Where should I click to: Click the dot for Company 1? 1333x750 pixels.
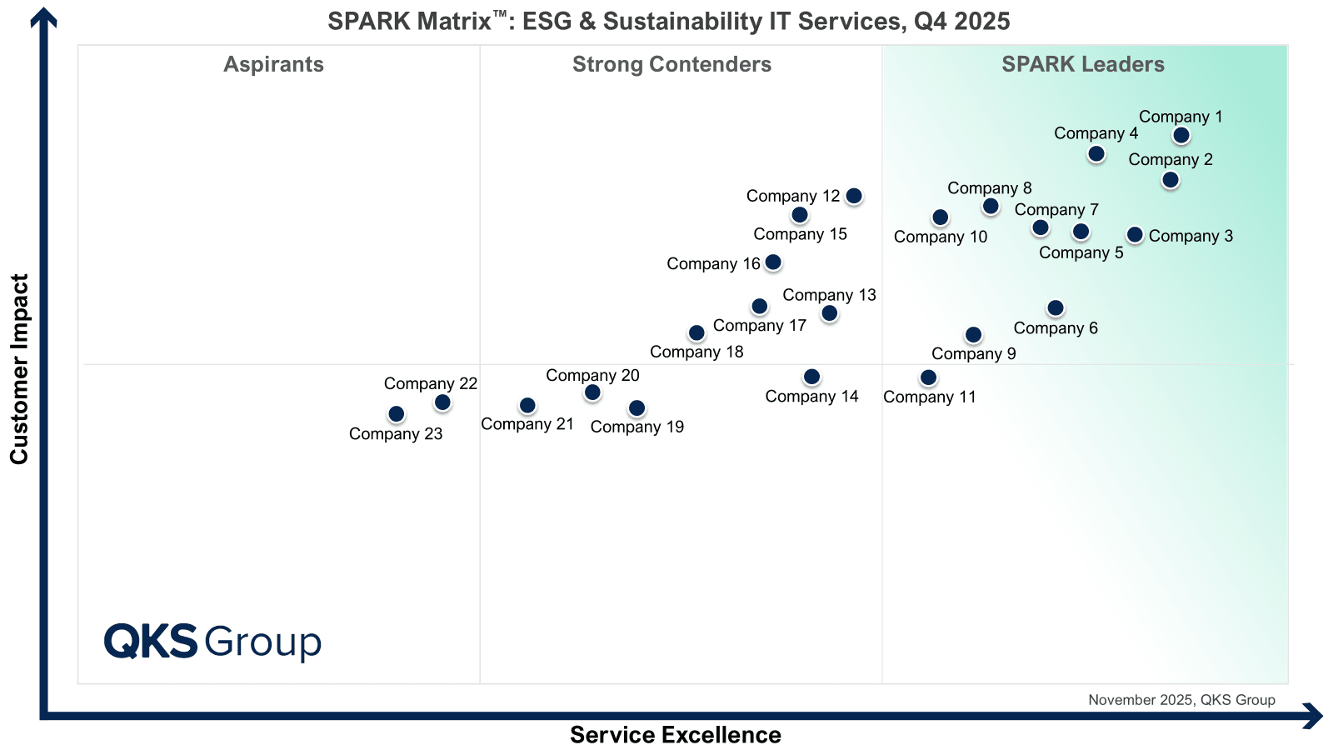point(1181,136)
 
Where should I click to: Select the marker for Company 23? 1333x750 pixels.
point(397,413)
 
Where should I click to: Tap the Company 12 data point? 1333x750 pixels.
point(854,196)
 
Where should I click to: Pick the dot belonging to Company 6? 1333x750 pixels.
point(1055,307)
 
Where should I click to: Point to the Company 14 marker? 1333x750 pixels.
point(811,377)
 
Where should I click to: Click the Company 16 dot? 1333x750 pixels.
point(773,262)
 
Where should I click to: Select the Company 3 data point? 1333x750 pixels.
point(1135,234)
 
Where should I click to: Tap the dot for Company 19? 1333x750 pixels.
point(637,407)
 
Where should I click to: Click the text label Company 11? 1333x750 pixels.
point(930,397)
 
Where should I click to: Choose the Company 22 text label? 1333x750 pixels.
point(430,384)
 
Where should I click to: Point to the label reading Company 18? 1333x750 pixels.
point(696,352)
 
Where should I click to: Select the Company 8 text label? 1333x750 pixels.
point(990,188)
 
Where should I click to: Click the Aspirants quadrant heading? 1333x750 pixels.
point(274,64)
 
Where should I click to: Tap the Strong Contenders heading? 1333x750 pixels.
point(671,64)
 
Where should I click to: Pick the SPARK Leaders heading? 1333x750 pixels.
point(1083,64)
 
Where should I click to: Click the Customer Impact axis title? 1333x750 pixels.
point(20,369)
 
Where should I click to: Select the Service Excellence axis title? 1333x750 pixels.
point(676,734)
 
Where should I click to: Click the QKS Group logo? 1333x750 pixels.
point(212,642)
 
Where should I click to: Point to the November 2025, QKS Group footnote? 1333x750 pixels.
point(1182,700)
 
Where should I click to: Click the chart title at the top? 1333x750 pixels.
point(669,22)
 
